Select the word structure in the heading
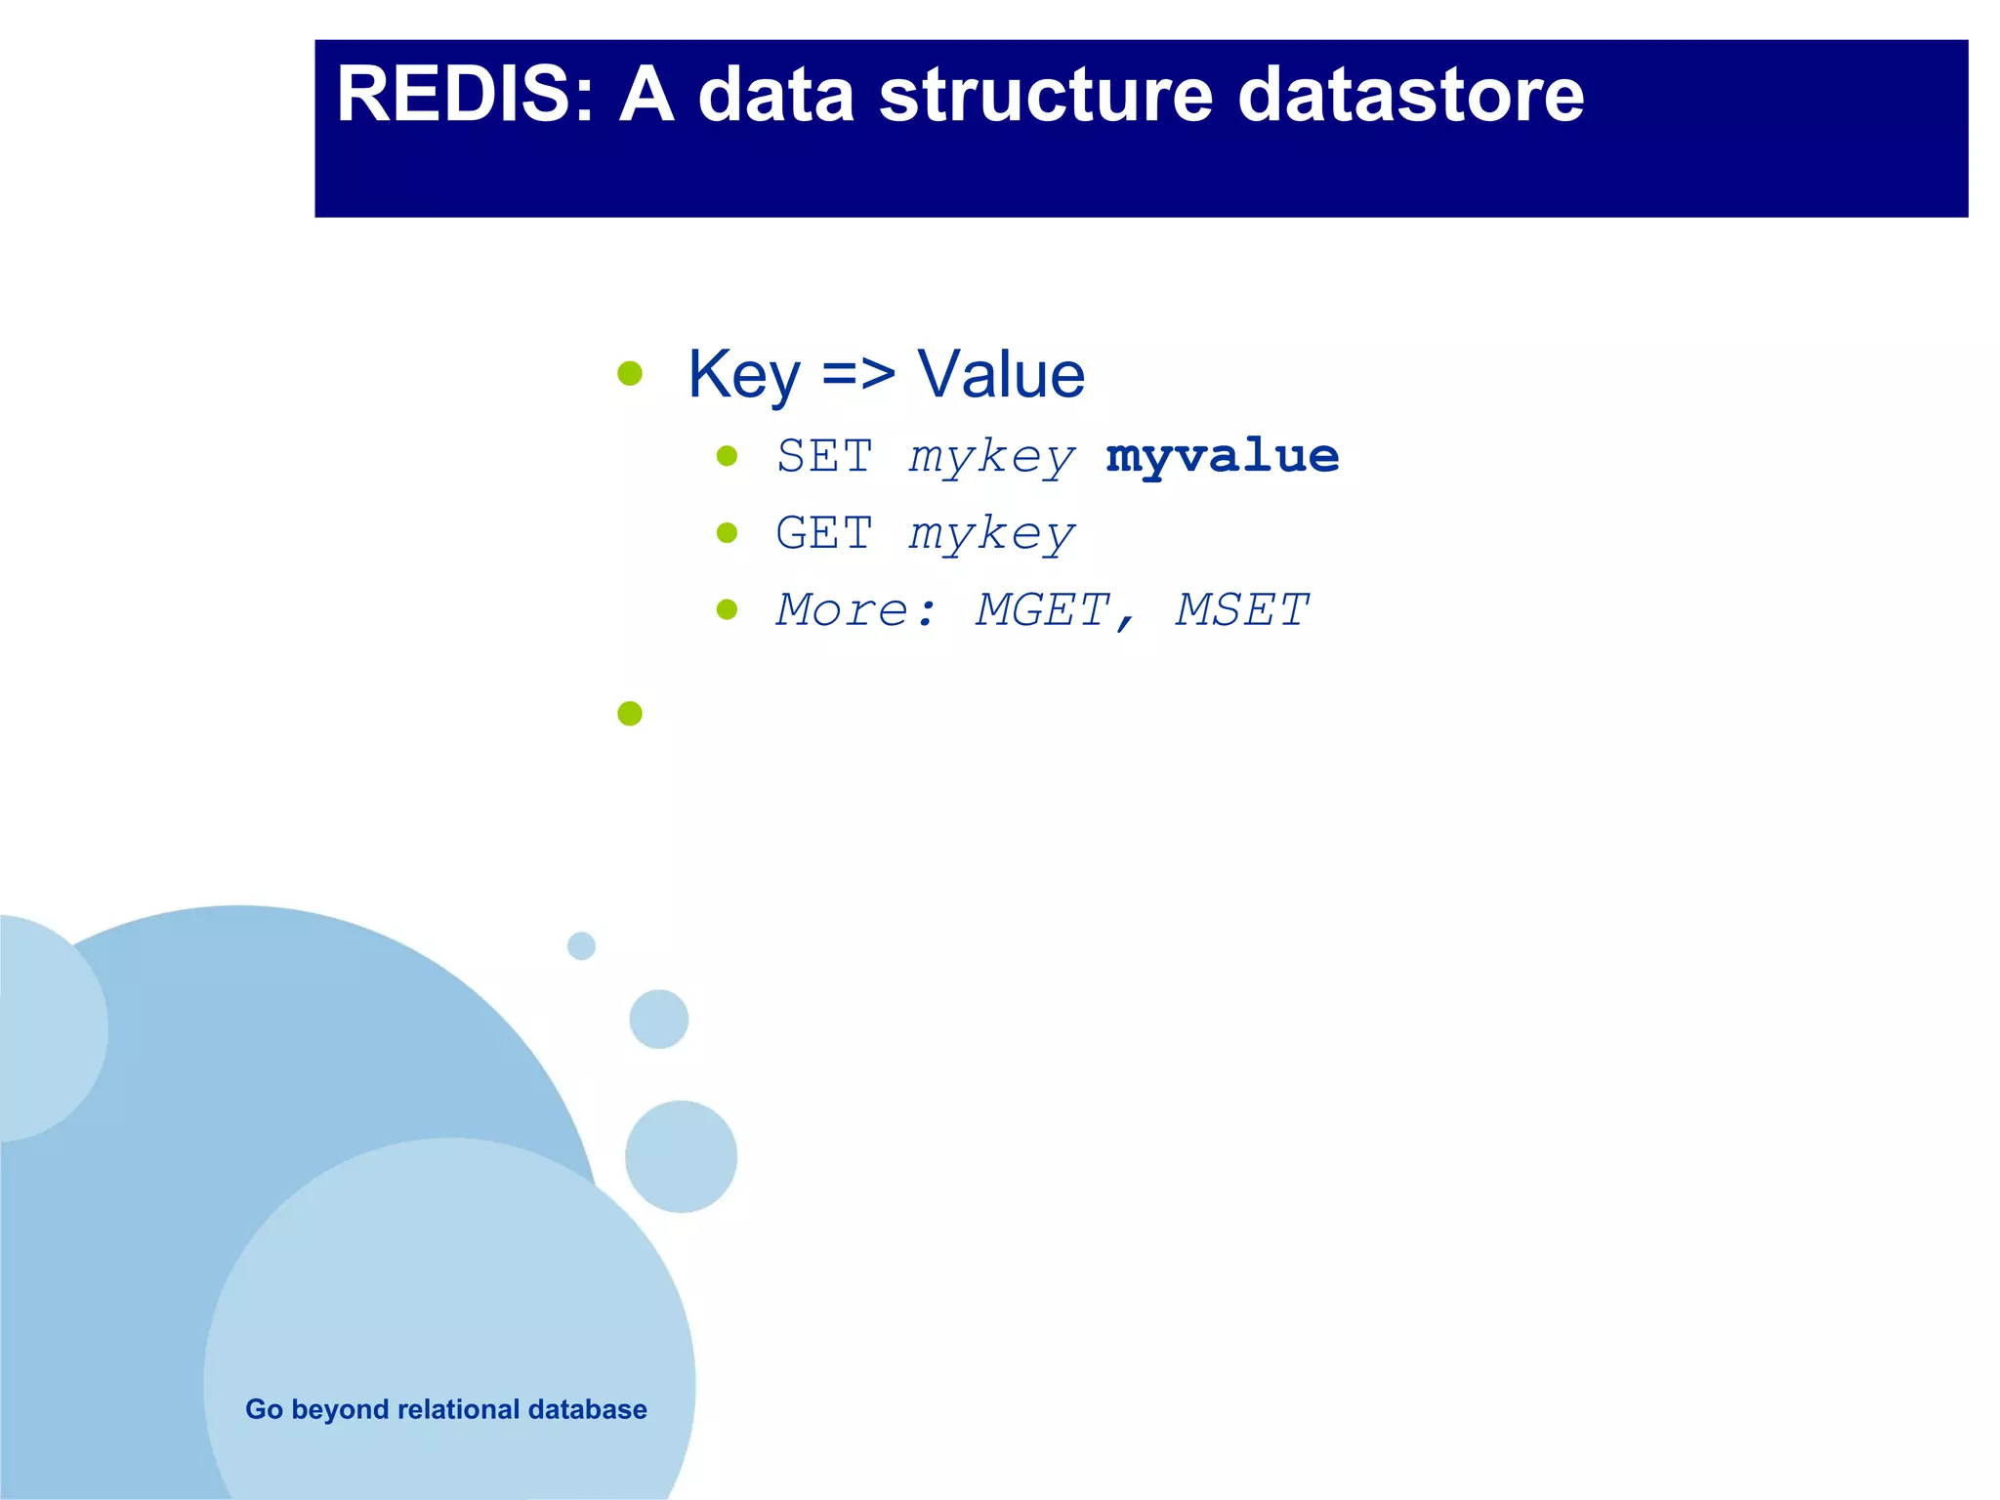point(1046,95)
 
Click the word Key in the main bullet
point(743,375)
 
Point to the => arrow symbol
point(858,375)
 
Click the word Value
point(1001,375)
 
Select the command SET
point(824,456)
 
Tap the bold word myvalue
point(1222,456)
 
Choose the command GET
point(824,533)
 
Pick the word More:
point(856,610)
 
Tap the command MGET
point(1043,610)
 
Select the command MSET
point(1241,610)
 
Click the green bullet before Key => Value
point(630,373)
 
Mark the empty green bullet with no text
point(630,714)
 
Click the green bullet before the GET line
point(727,532)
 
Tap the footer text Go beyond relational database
point(445,1409)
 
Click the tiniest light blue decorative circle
point(581,945)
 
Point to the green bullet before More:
point(727,609)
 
